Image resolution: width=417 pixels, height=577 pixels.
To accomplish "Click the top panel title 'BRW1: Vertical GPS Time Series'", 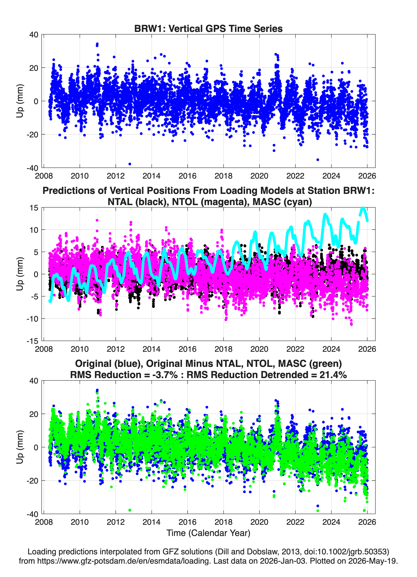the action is (208, 28).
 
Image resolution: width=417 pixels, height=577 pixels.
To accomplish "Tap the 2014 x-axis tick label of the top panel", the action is (151, 176).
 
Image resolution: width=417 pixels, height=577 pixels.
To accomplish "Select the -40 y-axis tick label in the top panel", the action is (32, 168).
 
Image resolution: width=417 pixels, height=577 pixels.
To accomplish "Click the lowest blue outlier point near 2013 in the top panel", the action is (130, 164).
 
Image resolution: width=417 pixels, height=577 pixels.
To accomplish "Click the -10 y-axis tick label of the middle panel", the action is (32, 318).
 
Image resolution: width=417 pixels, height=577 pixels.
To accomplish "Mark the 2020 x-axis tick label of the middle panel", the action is (259, 349).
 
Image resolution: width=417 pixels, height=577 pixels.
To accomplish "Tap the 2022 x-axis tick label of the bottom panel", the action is (295, 522).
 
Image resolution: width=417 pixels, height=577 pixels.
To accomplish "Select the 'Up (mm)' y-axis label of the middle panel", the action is (20, 274).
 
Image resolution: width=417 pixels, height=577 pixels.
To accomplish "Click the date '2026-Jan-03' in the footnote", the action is (283, 561).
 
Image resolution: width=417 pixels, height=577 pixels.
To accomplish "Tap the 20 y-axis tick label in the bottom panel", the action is (34, 414).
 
